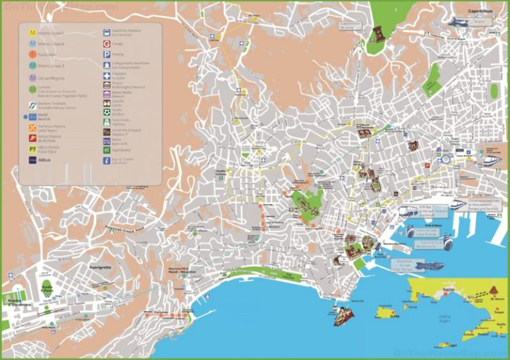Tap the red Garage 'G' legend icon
[106, 43]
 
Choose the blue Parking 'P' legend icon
[106, 54]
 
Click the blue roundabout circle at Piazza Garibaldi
[447, 158]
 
